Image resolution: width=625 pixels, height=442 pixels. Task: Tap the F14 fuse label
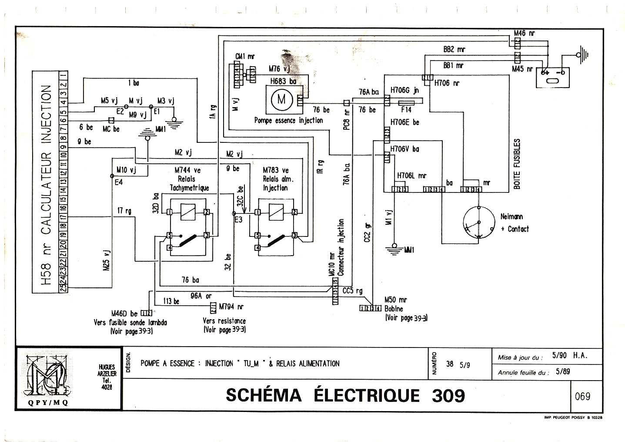point(406,110)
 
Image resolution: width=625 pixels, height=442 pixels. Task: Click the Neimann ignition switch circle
point(478,223)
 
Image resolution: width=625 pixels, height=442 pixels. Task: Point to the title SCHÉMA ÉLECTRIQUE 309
point(345,395)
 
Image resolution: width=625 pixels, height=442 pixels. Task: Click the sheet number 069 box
point(582,396)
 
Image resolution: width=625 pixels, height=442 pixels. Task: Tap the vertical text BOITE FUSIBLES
point(517,164)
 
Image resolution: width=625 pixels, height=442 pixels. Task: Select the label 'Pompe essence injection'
point(288,121)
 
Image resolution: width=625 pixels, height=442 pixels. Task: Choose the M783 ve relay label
point(275,170)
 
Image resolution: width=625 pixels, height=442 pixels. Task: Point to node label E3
point(238,220)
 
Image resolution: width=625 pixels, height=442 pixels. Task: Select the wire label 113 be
point(171,301)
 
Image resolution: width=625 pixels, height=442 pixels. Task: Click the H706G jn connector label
point(404,91)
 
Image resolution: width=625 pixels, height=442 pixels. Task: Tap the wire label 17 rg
point(125,212)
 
